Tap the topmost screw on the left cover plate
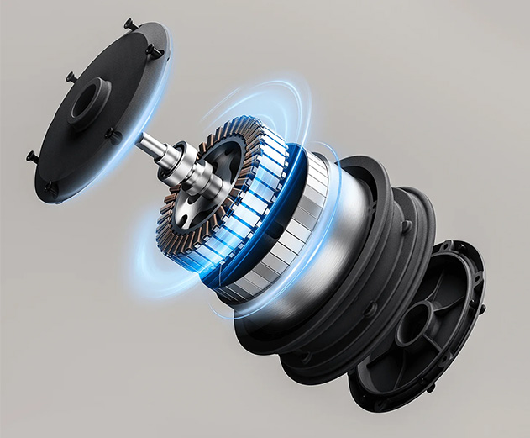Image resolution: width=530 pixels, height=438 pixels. [131, 24]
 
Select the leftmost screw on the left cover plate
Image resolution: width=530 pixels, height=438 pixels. [32, 156]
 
